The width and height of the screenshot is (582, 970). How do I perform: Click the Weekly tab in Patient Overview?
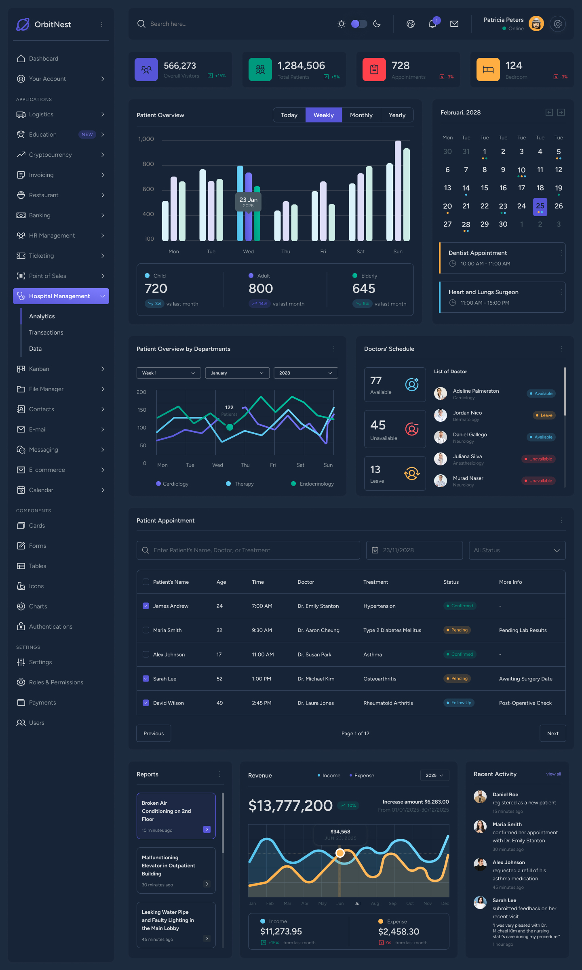point(324,115)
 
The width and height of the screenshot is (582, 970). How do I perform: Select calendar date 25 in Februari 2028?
point(540,206)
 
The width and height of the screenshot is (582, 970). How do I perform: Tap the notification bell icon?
point(432,24)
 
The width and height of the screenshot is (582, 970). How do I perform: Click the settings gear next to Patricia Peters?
point(558,24)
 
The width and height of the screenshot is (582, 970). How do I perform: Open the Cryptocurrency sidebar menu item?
point(51,155)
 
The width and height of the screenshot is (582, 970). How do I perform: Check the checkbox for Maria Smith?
point(146,630)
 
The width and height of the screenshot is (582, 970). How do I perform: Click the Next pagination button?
point(552,733)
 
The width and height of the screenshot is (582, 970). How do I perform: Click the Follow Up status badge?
point(459,703)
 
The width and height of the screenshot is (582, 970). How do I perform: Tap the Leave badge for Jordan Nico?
point(544,415)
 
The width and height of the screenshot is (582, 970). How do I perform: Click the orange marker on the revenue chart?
point(340,853)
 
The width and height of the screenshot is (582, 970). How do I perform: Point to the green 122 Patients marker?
point(230,427)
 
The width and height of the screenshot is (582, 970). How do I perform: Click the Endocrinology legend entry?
point(316,484)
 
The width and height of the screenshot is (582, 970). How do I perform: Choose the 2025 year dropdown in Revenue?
point(434,775)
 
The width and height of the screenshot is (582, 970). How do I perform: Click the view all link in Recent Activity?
point(553,774)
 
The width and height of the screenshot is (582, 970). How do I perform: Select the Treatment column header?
point(375,582)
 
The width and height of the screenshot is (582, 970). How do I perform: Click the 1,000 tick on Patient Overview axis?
point(146,139)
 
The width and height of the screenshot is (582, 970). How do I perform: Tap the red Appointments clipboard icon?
point(374,69)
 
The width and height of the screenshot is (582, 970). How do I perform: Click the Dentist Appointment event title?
point(477,253)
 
